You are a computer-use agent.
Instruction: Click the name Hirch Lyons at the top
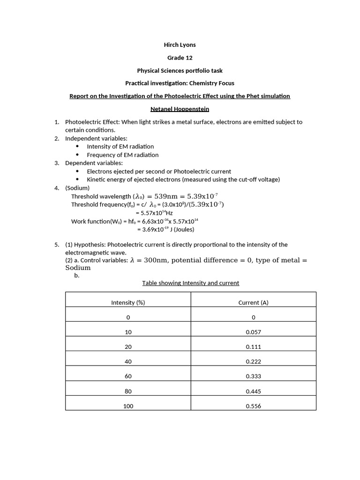tap(180, 45)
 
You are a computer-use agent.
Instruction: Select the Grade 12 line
tap(180, 58)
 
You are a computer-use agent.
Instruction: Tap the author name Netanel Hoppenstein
tap(180, 109)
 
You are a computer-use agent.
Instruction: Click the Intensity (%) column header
tap(128, 302)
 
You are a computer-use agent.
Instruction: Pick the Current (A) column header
tap(253, 302)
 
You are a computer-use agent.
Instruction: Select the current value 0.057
tap(253, 332)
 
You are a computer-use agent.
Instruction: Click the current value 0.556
tap(253, 406)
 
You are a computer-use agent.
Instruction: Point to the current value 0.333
tap(253, 376)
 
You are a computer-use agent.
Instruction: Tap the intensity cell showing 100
tap(128, 406)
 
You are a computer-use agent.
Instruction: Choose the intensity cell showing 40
tap(128, 361)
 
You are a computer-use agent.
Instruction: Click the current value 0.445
tap(253, 391)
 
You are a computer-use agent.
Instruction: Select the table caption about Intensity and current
tap(190, 283)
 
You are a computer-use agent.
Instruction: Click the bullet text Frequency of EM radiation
tap(122, 155)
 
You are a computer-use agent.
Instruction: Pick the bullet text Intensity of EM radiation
tap(120, 147)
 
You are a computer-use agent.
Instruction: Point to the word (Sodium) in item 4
tap(77, 188)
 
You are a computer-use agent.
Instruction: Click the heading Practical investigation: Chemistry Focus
tap(180, 83)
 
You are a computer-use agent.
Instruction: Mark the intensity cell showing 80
tap(128, 391)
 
